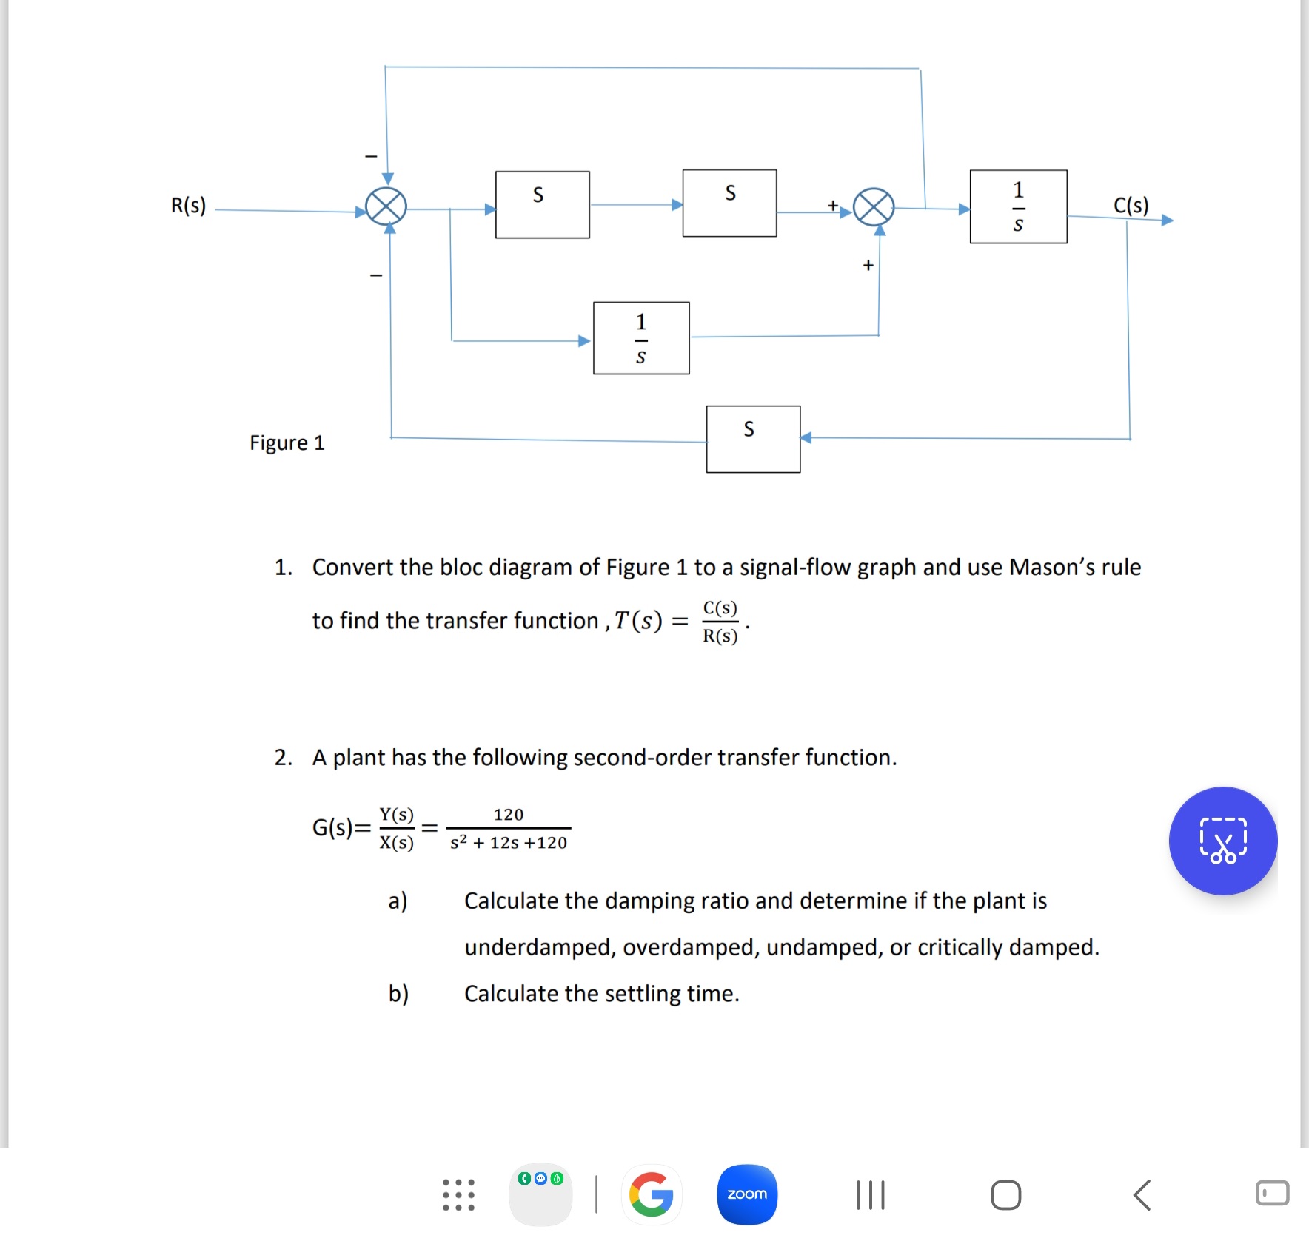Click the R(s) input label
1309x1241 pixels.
(x=188, y=205)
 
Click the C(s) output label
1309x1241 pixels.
(x=1131, y=205)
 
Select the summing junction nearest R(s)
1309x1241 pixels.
(x=386, y=206)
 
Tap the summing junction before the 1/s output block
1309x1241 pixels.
(x=874, y=207)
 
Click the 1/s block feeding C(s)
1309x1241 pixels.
(x=1018, y=206)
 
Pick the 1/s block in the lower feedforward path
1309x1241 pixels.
(x=641, y=338)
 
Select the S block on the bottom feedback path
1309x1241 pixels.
(x=753, y=439)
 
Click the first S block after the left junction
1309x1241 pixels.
(x=542, y=205)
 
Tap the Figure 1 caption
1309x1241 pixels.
(x=287, y=443)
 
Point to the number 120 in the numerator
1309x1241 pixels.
(x=509, y=814)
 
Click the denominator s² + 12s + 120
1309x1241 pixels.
(x=509, y=842)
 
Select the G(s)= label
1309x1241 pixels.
(x=341, y=827)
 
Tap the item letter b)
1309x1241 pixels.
(x=398, y=993)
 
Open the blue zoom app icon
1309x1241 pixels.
(x=747, y=1194)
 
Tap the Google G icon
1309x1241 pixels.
(x=651, y=1194)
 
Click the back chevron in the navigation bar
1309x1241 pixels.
(x=1142, y=1194)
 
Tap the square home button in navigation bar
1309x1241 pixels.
(x=1005, y=1194)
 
